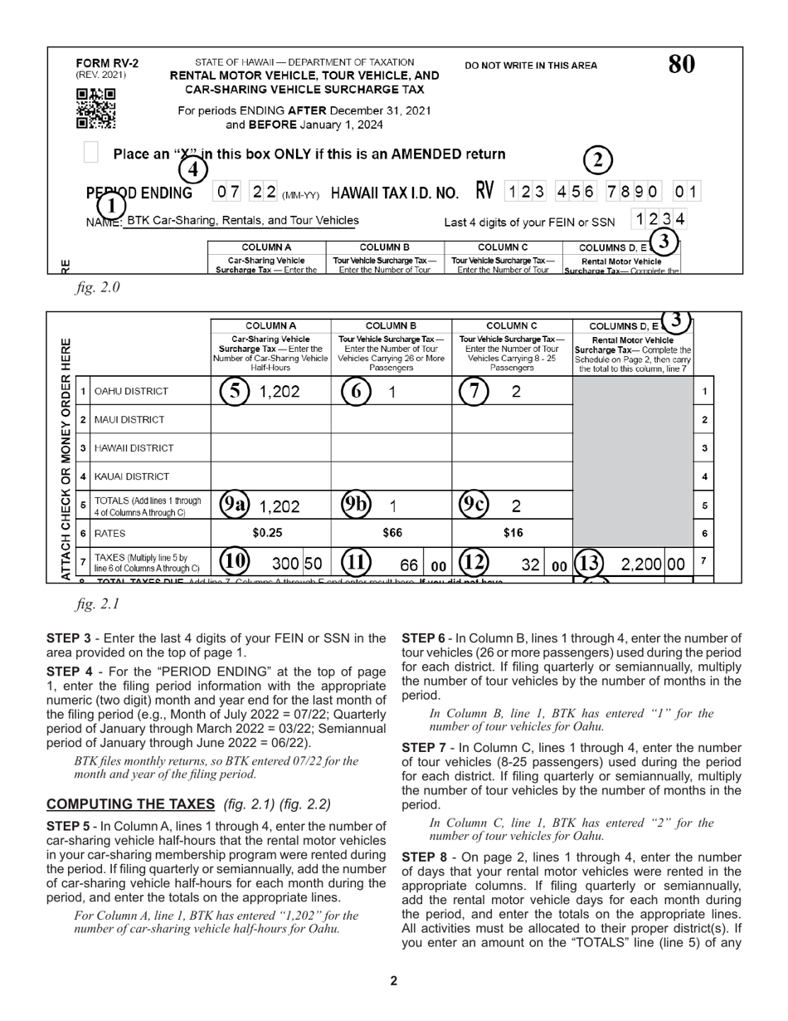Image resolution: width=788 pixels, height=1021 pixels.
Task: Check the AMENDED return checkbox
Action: (x=92, y=153)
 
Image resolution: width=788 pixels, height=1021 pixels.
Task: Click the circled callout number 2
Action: (x=598, y=160)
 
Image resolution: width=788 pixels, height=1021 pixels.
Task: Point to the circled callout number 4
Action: (x=192, y=170)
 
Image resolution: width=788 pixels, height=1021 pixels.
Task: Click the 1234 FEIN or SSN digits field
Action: (x=659, y=219)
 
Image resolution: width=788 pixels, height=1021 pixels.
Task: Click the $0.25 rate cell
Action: (x=267, y=533)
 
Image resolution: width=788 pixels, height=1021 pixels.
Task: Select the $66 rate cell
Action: (x=391, y=533)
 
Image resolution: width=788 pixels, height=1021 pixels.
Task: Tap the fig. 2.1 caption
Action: (x=98, y=604)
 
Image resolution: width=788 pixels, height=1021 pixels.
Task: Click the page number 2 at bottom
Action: (x=394, y=981)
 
